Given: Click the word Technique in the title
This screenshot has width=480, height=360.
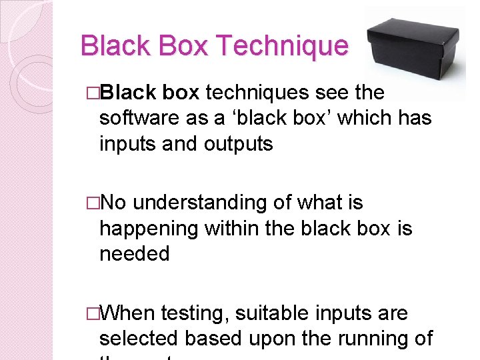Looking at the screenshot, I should (282, 46).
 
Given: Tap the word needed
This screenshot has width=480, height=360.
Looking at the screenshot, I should (134, 254).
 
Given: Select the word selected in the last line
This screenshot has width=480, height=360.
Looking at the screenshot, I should (139, 339).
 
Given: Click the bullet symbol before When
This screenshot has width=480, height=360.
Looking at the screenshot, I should (93, 313).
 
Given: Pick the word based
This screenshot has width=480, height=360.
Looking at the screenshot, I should (213, 339).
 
